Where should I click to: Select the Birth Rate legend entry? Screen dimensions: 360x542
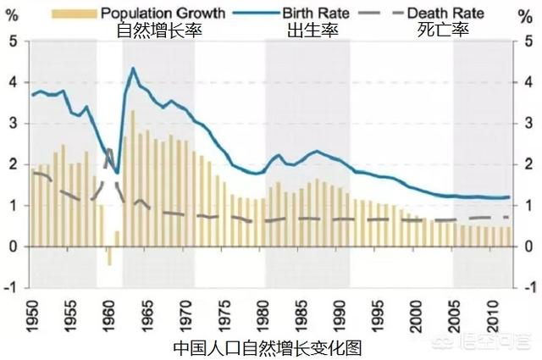314,14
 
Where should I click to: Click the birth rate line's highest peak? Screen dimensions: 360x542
133,69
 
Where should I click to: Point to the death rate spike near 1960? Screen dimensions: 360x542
109,150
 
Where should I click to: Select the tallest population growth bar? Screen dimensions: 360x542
132,178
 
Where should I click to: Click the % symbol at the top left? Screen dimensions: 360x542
13,14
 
